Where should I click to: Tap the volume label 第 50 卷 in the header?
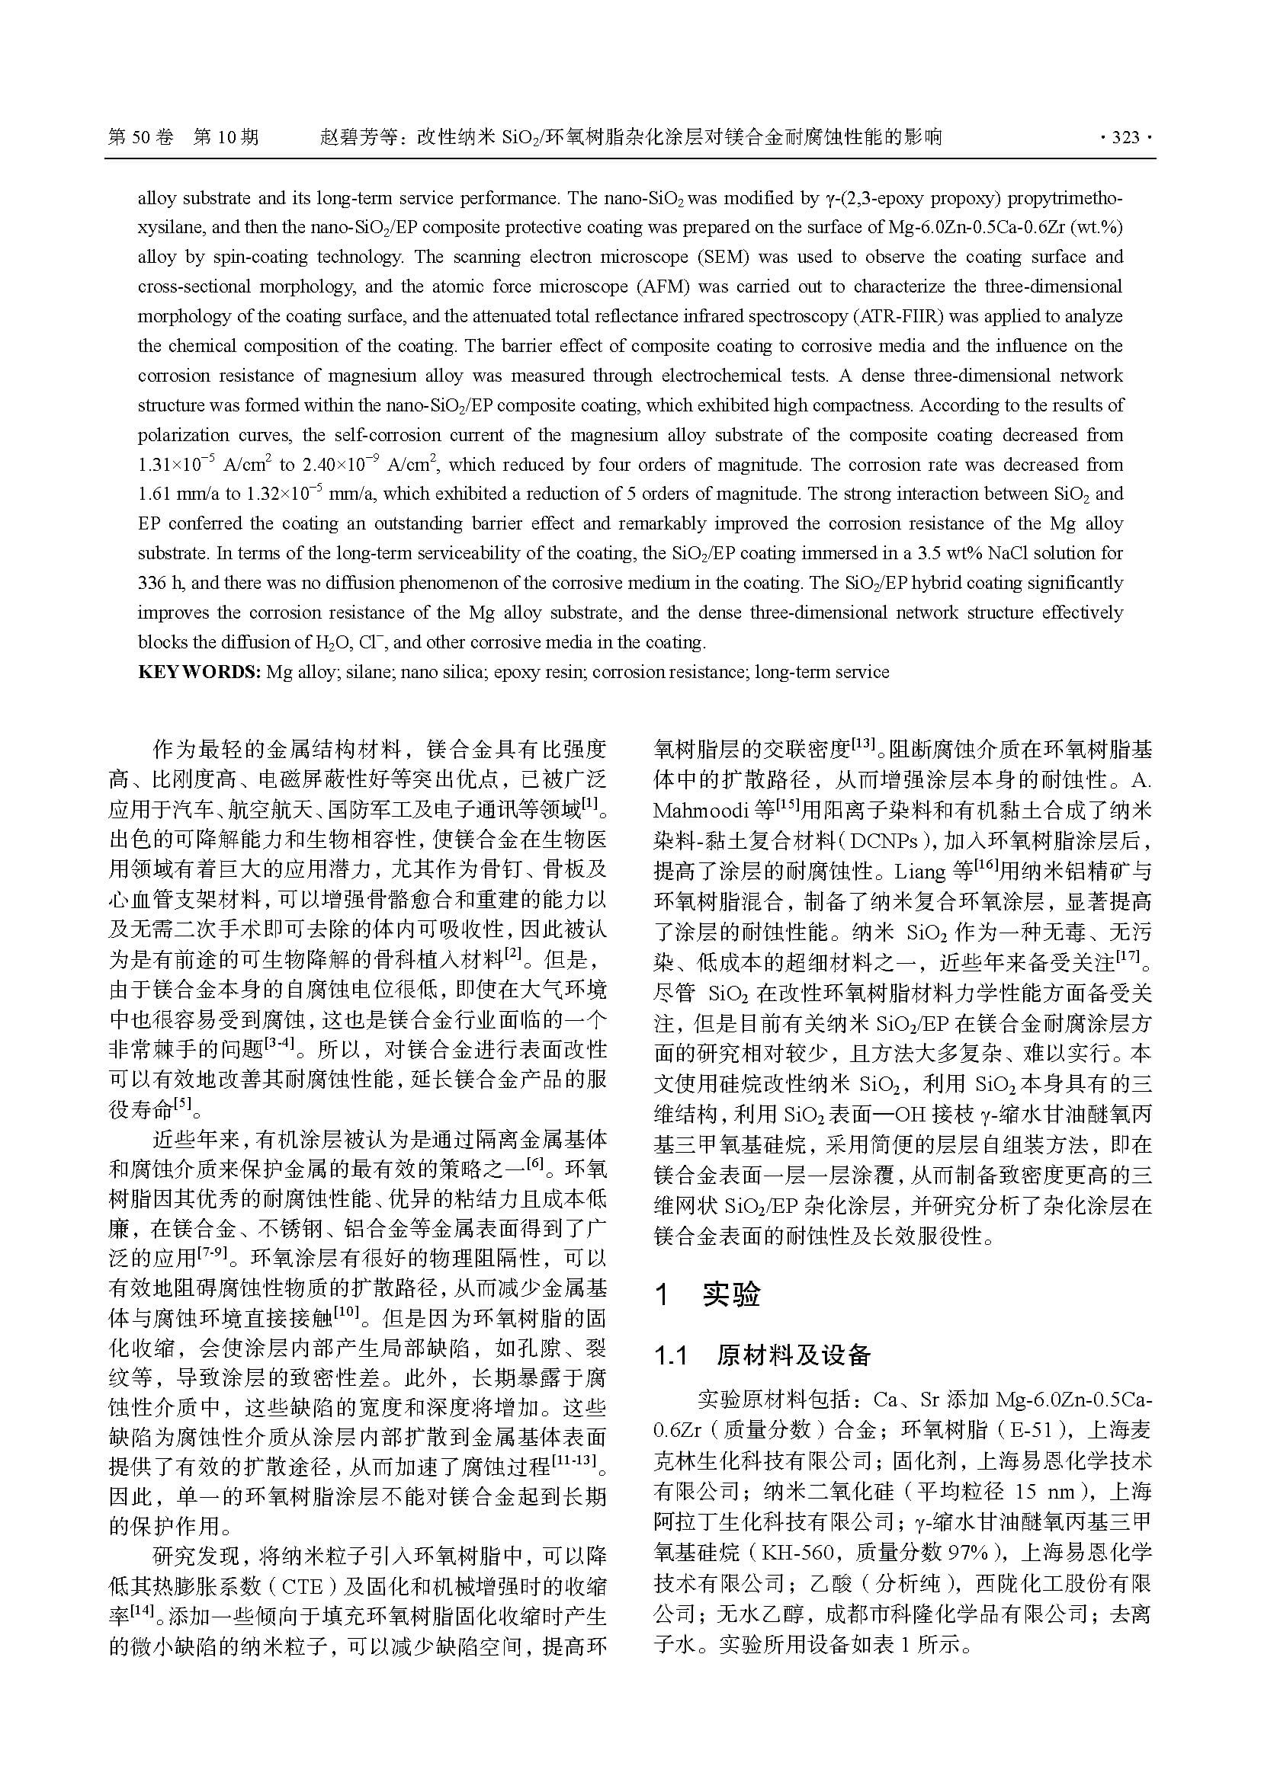[x=140, y=138]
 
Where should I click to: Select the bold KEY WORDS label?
[x=199, y=672]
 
